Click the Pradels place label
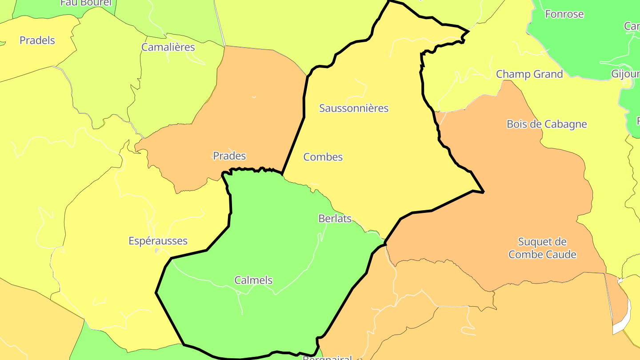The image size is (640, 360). point(37,40)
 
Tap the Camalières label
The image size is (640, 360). point(168,47)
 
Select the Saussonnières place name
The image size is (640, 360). point(354,108)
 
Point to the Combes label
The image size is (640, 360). point(323,157)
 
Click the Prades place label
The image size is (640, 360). point(229,156)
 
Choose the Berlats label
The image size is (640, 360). point(335,219)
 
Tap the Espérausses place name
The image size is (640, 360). point(158,241)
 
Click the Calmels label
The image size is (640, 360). point(253,280)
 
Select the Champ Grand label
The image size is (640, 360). point(529,74)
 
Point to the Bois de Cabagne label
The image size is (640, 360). point(547,124)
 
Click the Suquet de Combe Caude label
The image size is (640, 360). point(542,248)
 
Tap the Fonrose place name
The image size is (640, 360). point(564,14)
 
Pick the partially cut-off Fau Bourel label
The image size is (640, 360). point(86,3)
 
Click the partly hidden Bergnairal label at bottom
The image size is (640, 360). point(327,357)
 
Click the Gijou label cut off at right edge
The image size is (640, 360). point(626,74)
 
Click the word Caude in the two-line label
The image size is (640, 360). point(561,255)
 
